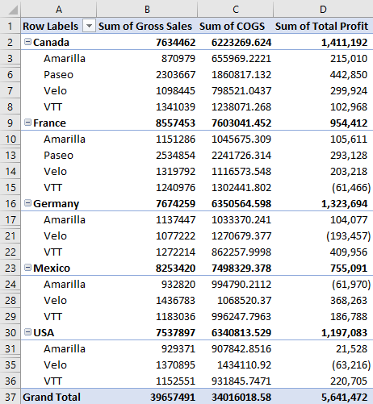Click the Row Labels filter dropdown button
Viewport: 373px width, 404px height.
pos(90,26)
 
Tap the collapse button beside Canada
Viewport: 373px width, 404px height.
pos(27,42)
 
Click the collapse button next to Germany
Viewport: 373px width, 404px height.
pos(27,204)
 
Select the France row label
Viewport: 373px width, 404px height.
pos(50,123)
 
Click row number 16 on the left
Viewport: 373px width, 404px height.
pos(10,204)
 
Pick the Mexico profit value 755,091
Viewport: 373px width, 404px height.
pos(346,268)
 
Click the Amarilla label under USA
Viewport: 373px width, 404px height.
pos(65,348)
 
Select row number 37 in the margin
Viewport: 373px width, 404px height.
pos(10,397)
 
